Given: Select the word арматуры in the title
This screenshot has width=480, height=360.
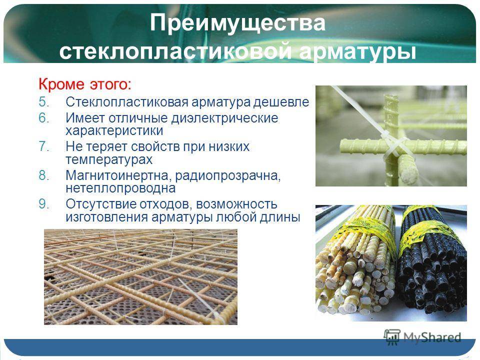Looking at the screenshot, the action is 358,51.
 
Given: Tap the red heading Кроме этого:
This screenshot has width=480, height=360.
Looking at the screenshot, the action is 85,84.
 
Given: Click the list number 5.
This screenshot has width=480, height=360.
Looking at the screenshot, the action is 44,102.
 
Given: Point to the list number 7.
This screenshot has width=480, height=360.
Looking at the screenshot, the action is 44,146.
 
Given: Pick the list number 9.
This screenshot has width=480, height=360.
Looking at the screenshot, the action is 44,204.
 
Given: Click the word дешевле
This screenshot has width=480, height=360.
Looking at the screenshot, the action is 280,102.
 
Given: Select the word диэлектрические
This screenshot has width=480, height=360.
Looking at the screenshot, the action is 224,118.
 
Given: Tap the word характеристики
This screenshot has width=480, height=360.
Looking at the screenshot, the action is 114,131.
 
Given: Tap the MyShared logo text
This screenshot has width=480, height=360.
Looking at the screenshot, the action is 432,337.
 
